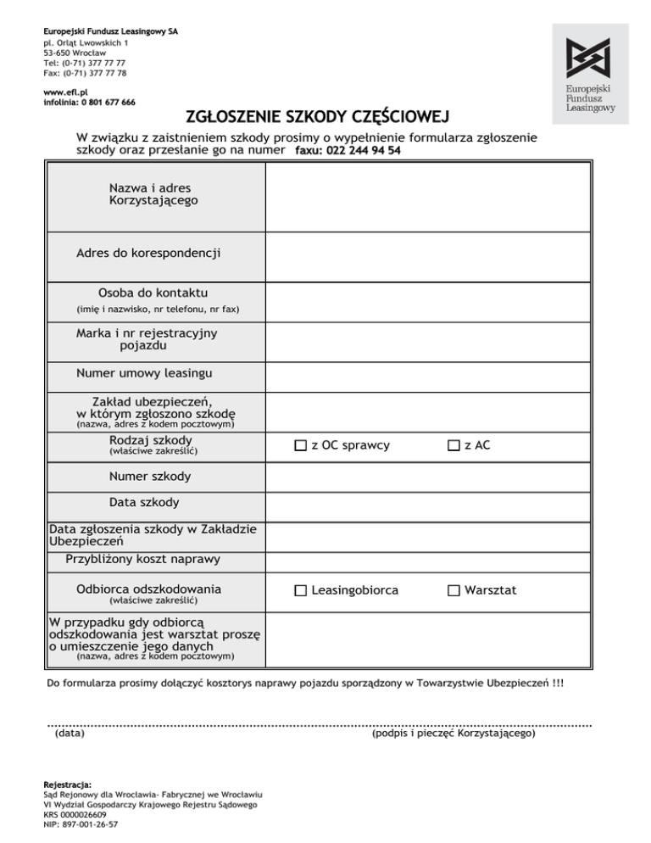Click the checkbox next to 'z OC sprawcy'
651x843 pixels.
[301, 445]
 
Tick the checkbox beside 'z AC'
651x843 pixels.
[454, 445]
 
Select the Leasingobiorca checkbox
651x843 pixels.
[301, 590]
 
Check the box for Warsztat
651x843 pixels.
[454, 590]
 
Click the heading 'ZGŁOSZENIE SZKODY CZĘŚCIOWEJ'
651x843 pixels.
[317, 116]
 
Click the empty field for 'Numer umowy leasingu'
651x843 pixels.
[428, 373]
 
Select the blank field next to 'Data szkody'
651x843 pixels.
[428, 503]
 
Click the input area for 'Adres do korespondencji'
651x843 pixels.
[428, 253]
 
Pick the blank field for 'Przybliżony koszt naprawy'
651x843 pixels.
[428, 560]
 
